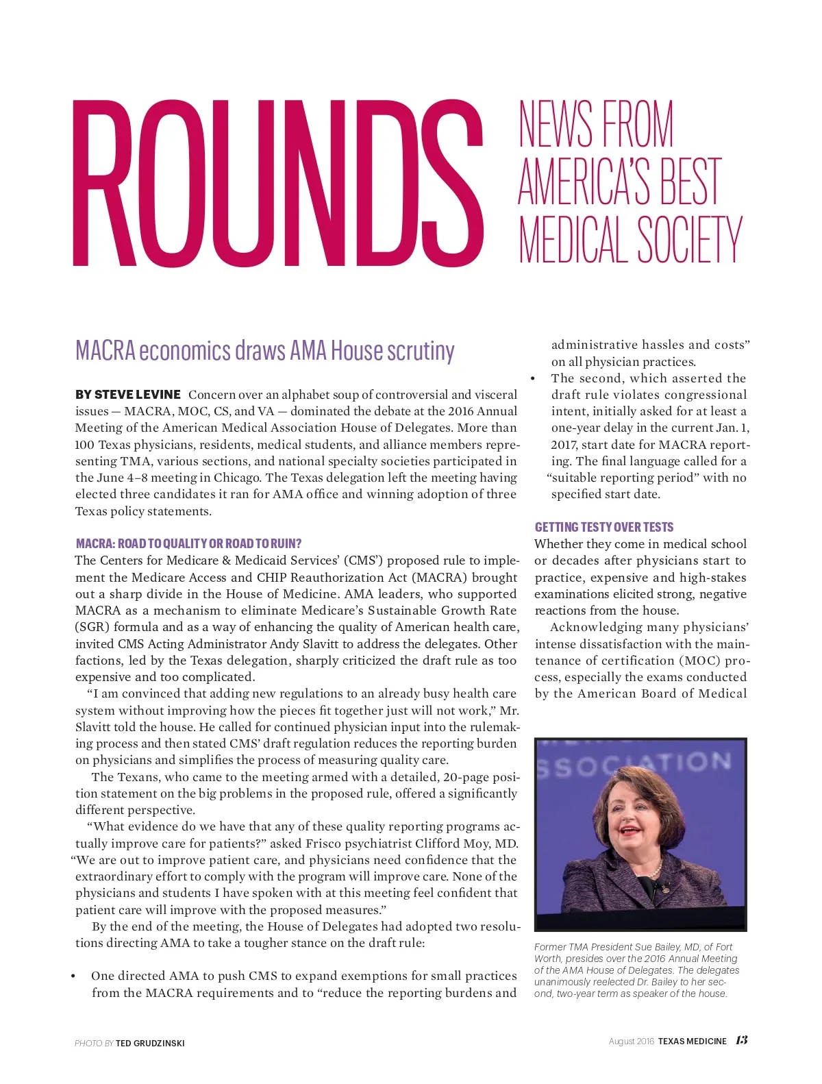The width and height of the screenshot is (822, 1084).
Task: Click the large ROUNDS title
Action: point(277,183)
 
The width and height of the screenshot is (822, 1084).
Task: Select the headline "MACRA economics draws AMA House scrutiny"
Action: point(264,350)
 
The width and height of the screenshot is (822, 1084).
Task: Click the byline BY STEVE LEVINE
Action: point(128,395)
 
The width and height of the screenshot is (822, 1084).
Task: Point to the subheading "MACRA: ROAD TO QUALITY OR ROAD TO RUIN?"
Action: point(188,543)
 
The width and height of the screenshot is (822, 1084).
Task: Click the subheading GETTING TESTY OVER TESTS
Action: point(603,527)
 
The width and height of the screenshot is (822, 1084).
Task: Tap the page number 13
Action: point(741,1040)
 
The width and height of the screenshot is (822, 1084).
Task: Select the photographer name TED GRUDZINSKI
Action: point(150,1044)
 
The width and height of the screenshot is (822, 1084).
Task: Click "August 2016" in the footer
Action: point(631,1042)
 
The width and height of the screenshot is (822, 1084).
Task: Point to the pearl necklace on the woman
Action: point(654,872)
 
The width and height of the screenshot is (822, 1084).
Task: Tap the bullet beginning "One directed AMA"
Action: point(73,976)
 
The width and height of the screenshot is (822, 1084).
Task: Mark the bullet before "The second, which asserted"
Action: point(533,378)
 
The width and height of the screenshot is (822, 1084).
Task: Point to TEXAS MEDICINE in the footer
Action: point(692,1042)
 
